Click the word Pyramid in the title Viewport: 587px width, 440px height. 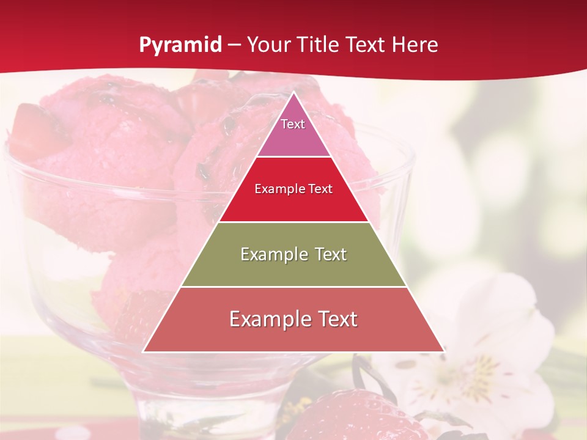pos(180,45)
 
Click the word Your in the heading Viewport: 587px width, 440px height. pos(268,45)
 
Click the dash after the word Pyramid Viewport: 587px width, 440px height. pos(234,45)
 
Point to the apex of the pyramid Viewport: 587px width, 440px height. pos(293,94)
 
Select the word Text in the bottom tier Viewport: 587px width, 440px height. pos(335,319)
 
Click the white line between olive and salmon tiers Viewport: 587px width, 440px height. pos(293,287)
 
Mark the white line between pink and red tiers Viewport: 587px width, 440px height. pos(293,157)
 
